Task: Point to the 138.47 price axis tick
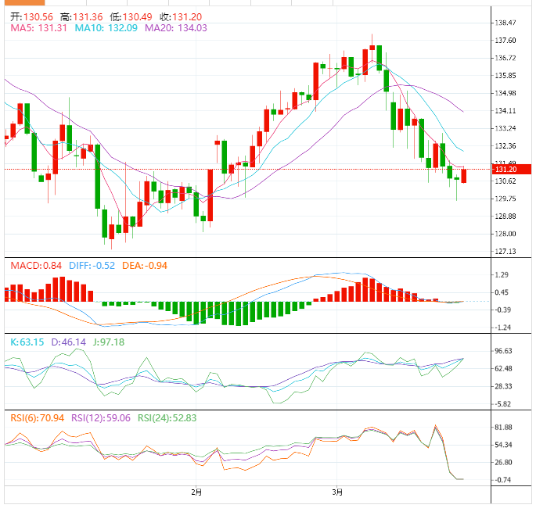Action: [x=506, y=23]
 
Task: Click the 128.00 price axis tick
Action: [x=506, y=234]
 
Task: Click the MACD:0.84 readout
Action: [x=36, y=266]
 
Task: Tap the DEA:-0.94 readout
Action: [x=145, y=266]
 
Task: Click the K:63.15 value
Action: [x=29, y=342]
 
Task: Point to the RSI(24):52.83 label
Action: [x=167, y=418]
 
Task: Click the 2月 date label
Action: [x=197, y=492]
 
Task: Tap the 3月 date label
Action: [x=337, y=492]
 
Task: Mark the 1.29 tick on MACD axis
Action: [x=504, y=274]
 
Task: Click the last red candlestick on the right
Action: [x=464, y=176]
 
